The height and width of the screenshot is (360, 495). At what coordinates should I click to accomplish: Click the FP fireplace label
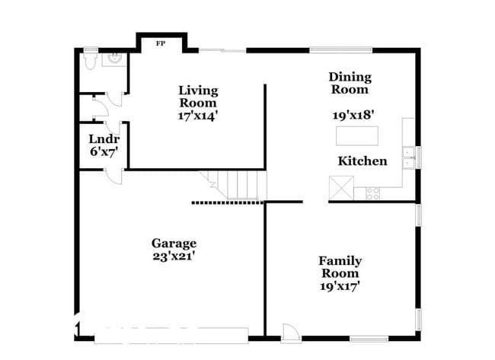point(160,43)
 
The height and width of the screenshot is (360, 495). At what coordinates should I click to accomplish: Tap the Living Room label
point(197,96)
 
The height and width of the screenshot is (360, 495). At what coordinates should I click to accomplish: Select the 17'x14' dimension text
point(198,116)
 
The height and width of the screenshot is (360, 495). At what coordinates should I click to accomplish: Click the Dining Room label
point(350,83)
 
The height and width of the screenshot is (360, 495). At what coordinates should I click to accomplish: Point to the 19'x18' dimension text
point(353,116)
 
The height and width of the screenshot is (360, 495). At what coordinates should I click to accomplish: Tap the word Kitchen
point(362,161)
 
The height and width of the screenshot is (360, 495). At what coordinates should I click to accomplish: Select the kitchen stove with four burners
point(373,193)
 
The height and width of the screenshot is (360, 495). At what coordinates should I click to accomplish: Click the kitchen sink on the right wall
point(409,157)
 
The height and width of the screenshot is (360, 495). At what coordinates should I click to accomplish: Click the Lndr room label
point(104,139)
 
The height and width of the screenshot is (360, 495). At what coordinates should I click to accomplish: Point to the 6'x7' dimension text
point(104,151)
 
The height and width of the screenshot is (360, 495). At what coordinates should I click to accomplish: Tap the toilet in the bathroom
point(90,61)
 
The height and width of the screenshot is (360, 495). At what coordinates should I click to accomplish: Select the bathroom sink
point(114,59)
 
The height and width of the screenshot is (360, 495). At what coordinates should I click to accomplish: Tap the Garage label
point(174,244)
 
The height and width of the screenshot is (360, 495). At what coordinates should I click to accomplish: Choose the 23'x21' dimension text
point(174,256)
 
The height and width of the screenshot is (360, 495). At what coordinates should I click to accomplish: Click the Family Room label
point(340,267)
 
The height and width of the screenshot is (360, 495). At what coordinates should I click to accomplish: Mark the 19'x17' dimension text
point(340,286)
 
